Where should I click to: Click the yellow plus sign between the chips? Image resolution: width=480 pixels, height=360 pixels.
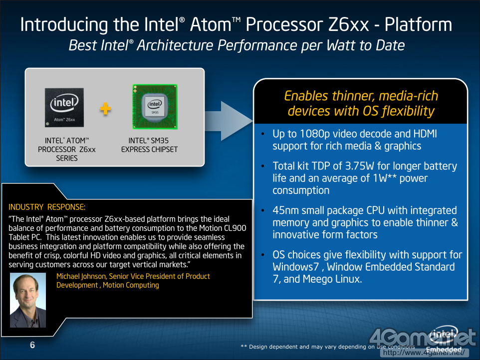pos(106,109)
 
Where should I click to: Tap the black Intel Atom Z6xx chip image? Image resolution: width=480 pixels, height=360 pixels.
pos(64,107)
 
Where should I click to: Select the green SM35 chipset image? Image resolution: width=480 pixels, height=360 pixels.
pos(155,107)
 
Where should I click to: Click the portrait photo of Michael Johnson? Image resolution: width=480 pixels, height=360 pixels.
pos(28,300)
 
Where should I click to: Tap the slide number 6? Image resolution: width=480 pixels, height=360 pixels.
pos(32,345)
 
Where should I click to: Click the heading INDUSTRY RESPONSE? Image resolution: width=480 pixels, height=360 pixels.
pos(47,207)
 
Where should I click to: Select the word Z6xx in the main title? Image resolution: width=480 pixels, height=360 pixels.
pos(348,24)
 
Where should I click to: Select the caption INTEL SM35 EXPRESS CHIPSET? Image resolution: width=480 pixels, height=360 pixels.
pos(149,145)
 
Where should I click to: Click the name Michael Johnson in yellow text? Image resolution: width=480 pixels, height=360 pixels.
pos(81,276)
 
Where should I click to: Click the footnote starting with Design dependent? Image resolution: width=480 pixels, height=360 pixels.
pos(327,347)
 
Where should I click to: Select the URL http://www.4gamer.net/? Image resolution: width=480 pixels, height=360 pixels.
pos(424,353)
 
